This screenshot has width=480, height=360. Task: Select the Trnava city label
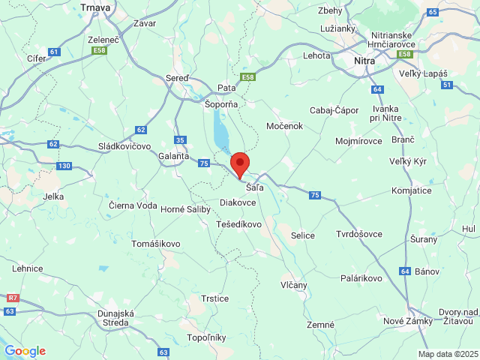tap(95, 7)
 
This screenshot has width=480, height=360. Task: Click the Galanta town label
tap(173, 156)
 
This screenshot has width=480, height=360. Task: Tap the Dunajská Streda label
tap(115, 318)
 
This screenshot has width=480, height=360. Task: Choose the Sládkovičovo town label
tap(124, 146)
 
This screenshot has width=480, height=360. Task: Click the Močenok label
tap(283, 126)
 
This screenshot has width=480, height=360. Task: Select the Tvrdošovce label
tap(358, 234)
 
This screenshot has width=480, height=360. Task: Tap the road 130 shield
tap(64, 166)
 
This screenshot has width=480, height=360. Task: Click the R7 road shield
tap(11, 298)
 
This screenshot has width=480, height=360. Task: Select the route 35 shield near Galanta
tap(179, 140)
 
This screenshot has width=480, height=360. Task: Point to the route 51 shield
tap(446, 85)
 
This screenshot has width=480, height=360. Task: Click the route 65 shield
tap(433, 12)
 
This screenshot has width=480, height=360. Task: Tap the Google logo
tap(25, 351)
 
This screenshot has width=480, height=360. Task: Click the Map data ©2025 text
tap(448, 354)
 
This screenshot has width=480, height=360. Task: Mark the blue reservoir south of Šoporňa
tap(221, 136)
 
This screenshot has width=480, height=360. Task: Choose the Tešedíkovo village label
tap(238, 224)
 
